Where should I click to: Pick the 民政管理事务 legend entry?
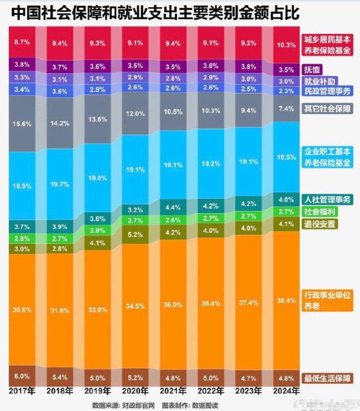(x=327, y=91)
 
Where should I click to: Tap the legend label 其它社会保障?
(x=327, y=108)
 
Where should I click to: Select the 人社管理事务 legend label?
(x=327, y=200)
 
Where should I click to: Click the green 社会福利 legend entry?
(x=320, y=212)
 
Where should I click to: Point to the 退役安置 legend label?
(x=320, y=223)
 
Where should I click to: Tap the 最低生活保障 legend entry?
(x=327, y=378)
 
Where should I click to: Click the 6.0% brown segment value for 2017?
(x=22, y=376)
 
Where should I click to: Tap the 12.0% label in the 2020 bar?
(x=135, y=114)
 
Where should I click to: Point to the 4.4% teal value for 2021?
(x=173, y=208)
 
